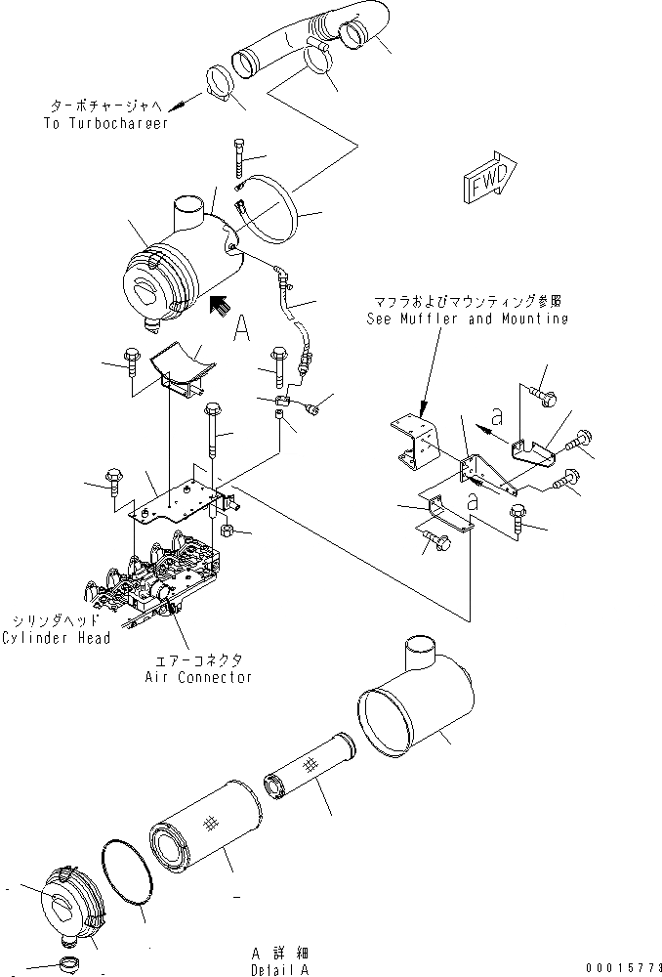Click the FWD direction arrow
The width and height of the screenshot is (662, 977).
[x=484, y=182]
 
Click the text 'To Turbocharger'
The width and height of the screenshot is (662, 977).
[x=105, y=124]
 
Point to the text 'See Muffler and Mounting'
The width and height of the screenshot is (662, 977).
[x=467, y=319]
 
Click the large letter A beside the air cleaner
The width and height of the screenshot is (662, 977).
[x=241, y=330]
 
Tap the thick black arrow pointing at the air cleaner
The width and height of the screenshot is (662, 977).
[x=220, y=305]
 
